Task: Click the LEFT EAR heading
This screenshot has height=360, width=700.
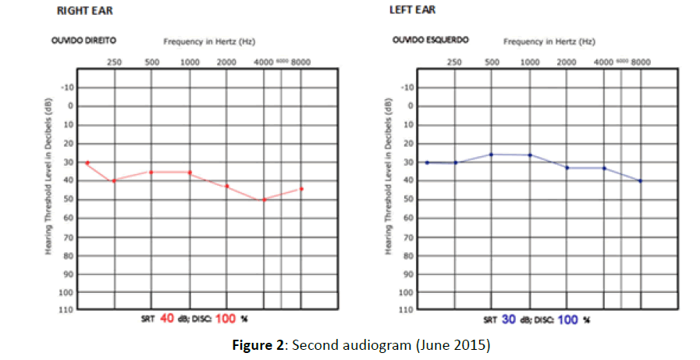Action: pyautogui.click(x=413, y=10)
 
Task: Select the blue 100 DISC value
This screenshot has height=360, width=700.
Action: pyautogui.click(x=568, y=319)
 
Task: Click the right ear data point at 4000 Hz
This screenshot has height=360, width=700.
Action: pyautogui.click(x=264, y=200)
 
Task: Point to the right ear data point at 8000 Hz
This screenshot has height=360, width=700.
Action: pyautogui.click(x=301, y=189)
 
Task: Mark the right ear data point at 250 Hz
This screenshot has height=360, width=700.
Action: pyautogui.click(x=114, y=180)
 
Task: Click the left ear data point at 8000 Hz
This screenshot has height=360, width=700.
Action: pyautogui.click(x=641, y=181)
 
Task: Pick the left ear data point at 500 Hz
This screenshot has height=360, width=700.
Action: pyautogui.click(x=492, y=155)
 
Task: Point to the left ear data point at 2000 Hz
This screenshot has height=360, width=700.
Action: pyautogui.click(x=567, y=168)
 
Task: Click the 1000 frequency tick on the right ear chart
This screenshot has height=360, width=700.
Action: pyautogui.click(x=190, y=62)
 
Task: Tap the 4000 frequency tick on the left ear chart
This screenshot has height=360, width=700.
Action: pyautogui.click(x=603, y=62)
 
